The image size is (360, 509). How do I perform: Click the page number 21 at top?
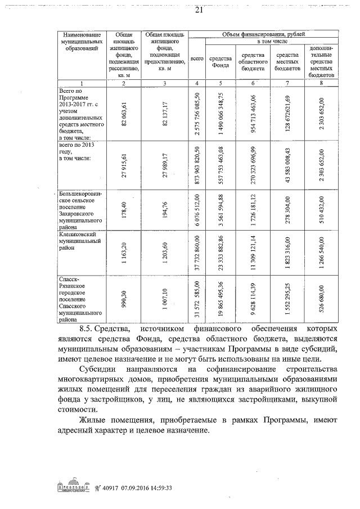tap(198, 10)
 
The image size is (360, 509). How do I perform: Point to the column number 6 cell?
tap(253, 83)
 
